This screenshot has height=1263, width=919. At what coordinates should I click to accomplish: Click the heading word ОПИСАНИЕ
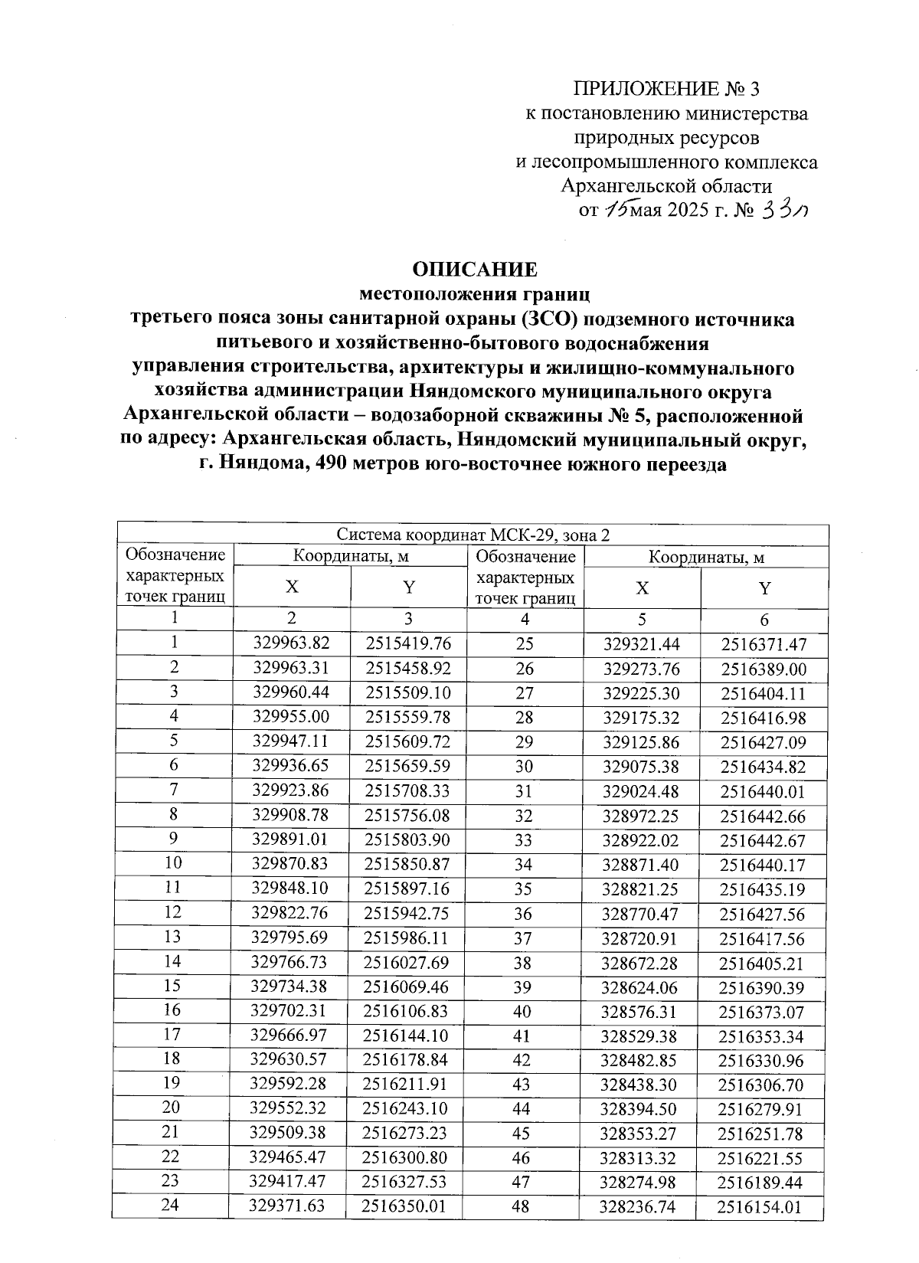tap(475, 270)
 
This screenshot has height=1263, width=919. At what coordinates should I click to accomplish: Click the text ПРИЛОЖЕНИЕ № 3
tap(666, 90)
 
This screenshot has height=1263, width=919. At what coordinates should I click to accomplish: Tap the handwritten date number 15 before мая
tap(615, 210)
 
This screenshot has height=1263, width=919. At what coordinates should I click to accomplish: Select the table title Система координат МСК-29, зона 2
tap(473, 535)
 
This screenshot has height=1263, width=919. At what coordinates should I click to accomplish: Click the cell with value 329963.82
tap(291, 643)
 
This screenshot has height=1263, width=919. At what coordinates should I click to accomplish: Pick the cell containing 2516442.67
tap(763, 841)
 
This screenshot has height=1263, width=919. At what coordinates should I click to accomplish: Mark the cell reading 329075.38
tap(641, 767)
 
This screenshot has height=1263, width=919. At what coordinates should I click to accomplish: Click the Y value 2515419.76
tap(408, 643)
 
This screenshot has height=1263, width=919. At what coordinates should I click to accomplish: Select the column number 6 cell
tap(764, 620)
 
